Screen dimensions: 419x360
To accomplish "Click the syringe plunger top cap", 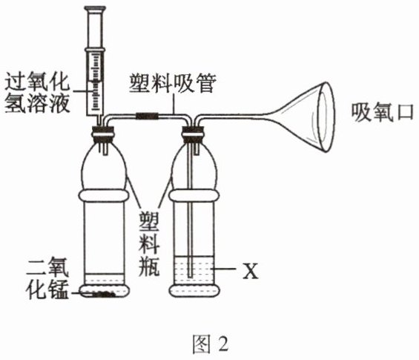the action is [95, 9].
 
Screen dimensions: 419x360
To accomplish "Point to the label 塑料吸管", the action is [173, 84].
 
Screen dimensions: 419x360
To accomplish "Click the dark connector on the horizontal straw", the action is [148, 116].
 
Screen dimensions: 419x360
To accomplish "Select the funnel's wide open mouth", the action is [326, 117].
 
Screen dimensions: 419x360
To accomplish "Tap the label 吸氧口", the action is [383, 113].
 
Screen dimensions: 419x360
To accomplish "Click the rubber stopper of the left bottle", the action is [103, 134].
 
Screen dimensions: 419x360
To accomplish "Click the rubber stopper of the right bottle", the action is [193, 134].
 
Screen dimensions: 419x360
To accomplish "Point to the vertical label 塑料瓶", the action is [149, 244].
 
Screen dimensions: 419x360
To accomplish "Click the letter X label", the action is [251, 271].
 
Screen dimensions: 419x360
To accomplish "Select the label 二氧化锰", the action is [47, 278].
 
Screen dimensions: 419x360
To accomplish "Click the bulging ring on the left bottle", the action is [104, 195].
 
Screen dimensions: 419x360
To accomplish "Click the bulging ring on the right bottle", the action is [194, 195].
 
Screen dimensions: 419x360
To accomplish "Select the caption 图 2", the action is [211, 344].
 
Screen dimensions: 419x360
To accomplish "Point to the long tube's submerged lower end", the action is [190, 275].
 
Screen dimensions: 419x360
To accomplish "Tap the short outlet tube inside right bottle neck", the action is [197, 148].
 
